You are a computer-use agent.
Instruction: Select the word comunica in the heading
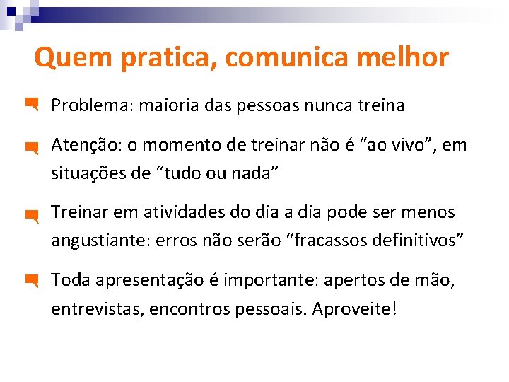click(286, 58)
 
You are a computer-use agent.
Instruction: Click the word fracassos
click(332, 240)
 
